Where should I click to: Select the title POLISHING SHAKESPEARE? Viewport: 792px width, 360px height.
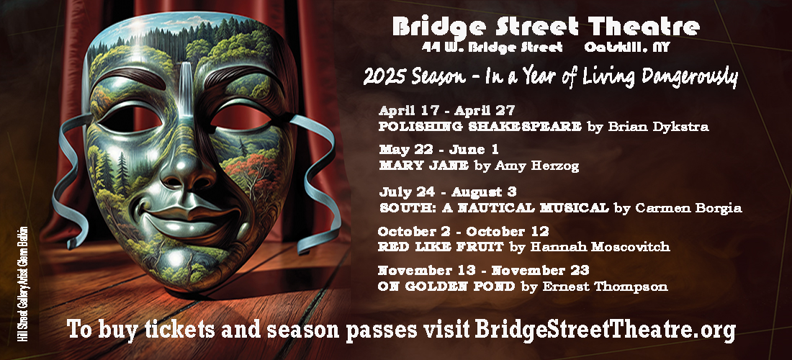tap(480, 127)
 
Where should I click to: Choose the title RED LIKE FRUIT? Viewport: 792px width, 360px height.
tap(441, 247)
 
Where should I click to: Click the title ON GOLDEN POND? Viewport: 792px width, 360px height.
tap(446, 287)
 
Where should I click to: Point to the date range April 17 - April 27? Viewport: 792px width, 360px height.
tap(446, 111)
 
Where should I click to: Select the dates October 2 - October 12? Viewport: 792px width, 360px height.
tap(463, 232)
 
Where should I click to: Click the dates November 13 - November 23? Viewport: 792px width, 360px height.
tap(483, 271)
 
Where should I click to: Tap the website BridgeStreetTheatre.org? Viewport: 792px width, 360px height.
tap(605, 330)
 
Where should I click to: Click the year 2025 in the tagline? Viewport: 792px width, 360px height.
tap(382, 78)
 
